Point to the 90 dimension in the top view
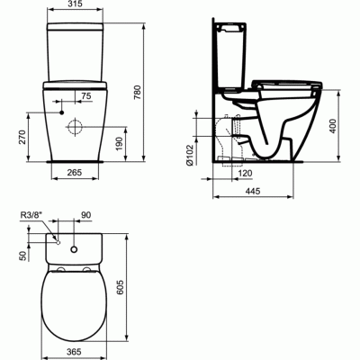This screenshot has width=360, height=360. click(x=86, y=216)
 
